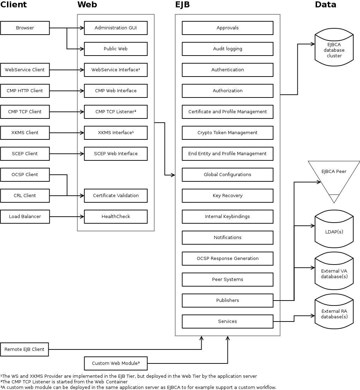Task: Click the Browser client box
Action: click(x=25, y=28)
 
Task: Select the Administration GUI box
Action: click(x=116, y=28)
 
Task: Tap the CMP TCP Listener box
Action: click(x=116, y=112)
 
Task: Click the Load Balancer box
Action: click(x=25, y=217)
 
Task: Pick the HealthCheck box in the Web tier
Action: click(x=116, y=217)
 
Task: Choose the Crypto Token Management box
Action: click(x=227, y=133)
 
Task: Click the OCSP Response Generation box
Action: click(x=227, y=259)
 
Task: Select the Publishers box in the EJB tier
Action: click(x=227, y=301)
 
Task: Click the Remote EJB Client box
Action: click(x=24, y=349)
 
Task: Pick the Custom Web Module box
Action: click(x=116, y=363)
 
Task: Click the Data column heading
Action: click(x=325, y=5)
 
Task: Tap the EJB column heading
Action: click(x=182, y=5)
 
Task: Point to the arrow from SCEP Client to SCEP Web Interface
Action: click(x=66, y=154)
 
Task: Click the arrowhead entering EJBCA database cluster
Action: click(x=312, y=44)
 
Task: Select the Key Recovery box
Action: click(x=227, y=196)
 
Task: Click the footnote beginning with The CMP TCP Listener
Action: click(x=64, y=382)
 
